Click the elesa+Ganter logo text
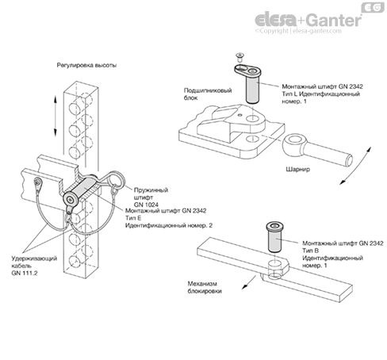pyautogui.click(x=308, y=20)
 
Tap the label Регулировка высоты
pyautogui.click(x=86, y=65)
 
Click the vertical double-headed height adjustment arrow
pyautogui.click(x=56, y=116)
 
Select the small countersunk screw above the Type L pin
pyautogui.click(x=239, y=57)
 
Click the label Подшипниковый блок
pyautogui.click(x=208, y=94)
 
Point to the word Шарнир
pyautogui.click(x=298, y=169)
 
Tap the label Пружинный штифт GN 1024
pyautogui.click(x=151, y=197)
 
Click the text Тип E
pyautogui.click(x=133, y=218)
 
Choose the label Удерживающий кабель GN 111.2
pyautogui.click(x=34, y=266)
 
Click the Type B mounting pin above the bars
pyautogui.click(x=275, y=237)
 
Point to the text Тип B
pyautogui.click(x=310, y=251)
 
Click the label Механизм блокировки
pyautogui.click(x=205, y=287)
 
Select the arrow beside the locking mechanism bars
pyautogui.click(x=249, y=282)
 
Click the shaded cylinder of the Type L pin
pyautogui.click(x=252, y=90)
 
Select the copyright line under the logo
pyautogui.click(x=298, y=31)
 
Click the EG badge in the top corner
pyautogui.click(x=373, y=8)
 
